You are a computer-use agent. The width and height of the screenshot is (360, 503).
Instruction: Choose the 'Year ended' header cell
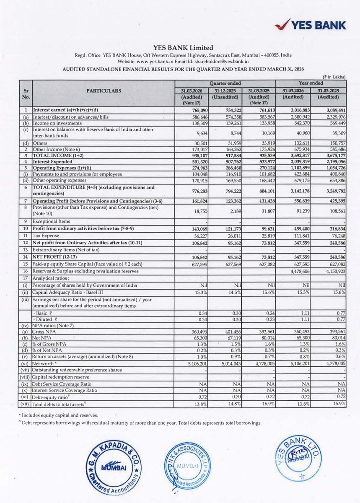point(311,83)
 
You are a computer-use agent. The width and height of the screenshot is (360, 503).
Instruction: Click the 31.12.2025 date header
point(225,91)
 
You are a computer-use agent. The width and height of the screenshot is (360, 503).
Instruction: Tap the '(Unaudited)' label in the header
point(225,97)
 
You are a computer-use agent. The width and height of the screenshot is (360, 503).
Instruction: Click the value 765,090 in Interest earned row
point(186,110)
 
